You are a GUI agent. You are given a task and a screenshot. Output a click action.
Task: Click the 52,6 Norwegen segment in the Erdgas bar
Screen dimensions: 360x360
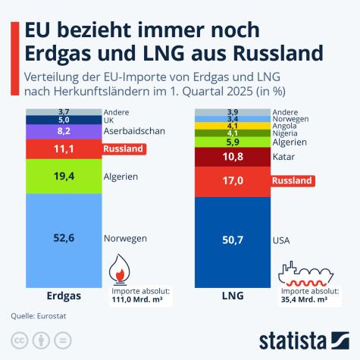64,238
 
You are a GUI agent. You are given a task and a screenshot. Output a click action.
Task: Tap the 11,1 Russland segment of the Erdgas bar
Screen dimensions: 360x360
64,149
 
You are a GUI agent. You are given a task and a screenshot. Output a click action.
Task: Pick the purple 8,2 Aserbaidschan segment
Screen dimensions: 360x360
64,131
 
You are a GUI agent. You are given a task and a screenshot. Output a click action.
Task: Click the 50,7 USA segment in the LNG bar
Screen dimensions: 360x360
232,240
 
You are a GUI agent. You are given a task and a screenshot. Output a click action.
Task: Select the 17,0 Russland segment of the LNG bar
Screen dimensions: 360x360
232,182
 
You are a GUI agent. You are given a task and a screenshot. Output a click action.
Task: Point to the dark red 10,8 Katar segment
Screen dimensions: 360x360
232,157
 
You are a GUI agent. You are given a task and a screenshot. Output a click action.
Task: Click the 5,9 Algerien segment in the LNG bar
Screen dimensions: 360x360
232,142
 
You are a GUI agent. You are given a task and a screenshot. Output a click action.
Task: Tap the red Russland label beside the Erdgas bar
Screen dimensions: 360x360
123,149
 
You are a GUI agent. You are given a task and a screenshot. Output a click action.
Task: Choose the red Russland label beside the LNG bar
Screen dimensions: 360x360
293,182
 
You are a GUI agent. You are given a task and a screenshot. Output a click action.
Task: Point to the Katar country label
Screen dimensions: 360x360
283,158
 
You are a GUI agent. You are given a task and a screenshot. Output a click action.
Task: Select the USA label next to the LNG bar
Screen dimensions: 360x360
280,240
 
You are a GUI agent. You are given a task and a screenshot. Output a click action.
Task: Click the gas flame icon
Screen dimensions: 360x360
121,269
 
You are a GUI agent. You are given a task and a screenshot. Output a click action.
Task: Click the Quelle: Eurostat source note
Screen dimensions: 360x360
35,315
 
